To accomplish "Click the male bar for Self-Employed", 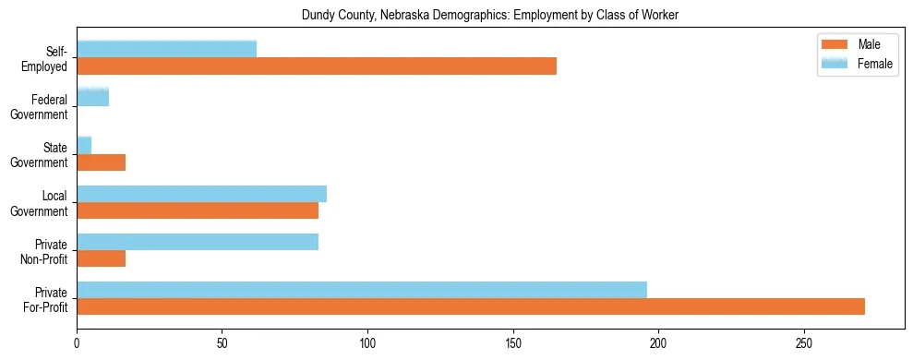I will [x=317, y=66].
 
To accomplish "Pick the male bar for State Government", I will [x=101, y=162].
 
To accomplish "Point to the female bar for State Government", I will [x=84, y=146].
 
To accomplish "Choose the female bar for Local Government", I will [x=201, y=194].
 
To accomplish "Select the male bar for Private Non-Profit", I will [x=101, y=258].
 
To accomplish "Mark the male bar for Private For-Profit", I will [x=471, y=306].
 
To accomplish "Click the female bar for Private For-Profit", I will [x=362, y=290].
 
